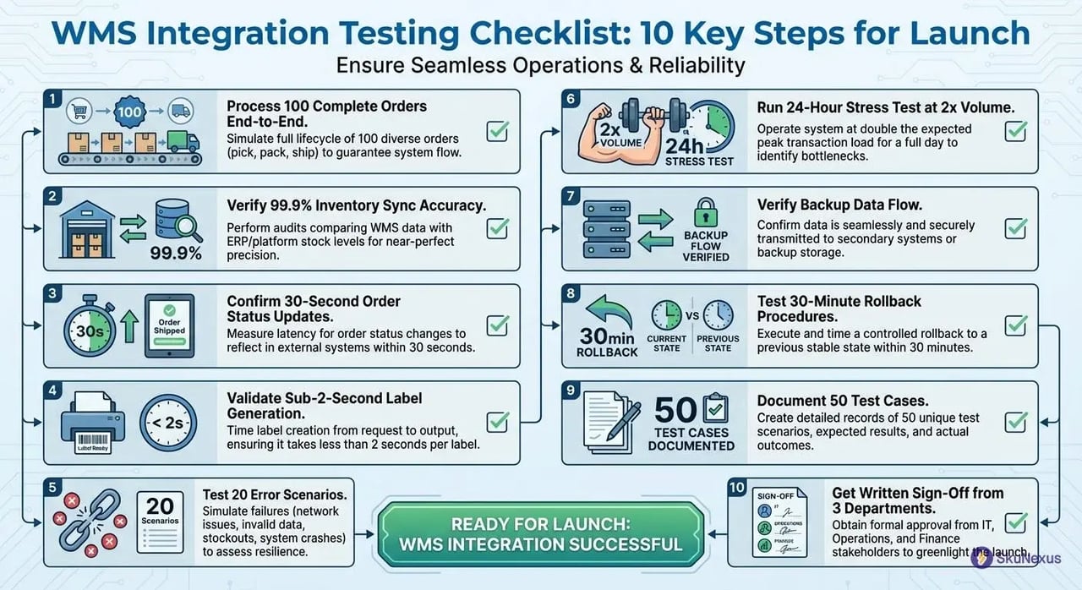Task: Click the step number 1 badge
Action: (52, 100)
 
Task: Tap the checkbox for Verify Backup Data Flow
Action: (1015, 228)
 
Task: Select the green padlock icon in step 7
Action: (705, 210)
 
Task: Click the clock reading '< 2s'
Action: (167, 422)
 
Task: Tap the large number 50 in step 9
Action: (675, 410)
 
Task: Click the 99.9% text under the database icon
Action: (175, 253)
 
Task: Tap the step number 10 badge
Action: (737, 489)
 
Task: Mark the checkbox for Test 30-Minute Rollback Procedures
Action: (1015, 325)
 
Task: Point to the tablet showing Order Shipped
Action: (169, 325)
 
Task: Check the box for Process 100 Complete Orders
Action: (496, 131)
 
